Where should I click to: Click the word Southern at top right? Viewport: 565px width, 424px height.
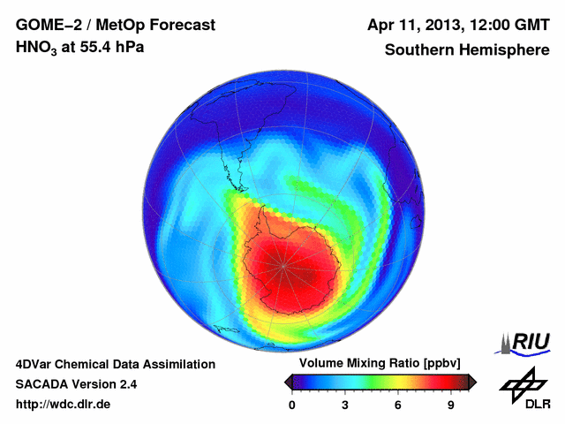[418, 49]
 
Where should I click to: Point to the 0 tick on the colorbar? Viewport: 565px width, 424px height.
[292, 405]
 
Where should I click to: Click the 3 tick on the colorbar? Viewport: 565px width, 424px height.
[345, 405]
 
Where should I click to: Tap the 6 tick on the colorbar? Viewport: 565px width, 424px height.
[398, 405]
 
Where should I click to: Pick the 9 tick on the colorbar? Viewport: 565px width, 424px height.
[450, 405]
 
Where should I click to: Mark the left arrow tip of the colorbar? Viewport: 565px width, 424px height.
[284, 382]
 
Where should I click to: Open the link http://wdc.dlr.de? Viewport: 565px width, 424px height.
[64, 405]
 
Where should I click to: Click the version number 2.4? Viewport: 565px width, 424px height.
[126, 384]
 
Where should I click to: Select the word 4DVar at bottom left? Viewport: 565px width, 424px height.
[34, 364]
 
